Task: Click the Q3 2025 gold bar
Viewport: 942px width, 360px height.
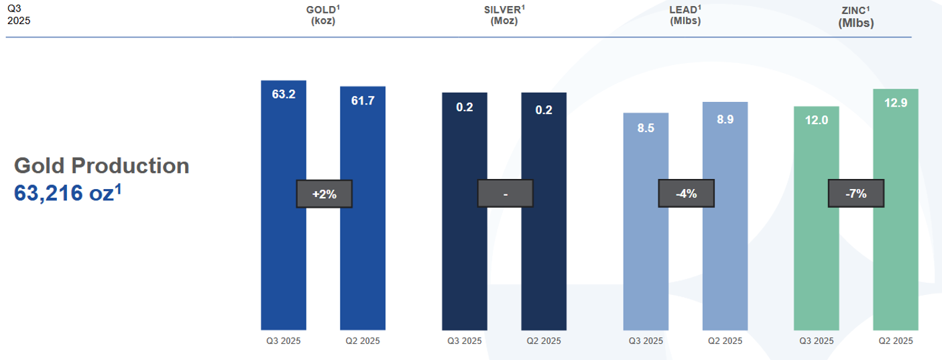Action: [x=283, y=255]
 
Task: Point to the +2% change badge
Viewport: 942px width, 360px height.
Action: [x=324, y=194]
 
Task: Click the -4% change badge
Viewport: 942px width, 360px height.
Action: [x=687, y=194]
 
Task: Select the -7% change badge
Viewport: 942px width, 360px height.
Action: [x=856, y=194]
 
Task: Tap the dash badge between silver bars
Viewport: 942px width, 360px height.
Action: [x=506, y=194]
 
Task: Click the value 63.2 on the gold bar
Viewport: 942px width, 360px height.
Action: [x=284, y=94]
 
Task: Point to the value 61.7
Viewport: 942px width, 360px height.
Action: [x=363, y=101]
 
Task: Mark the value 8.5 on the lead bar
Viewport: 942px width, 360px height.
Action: [x=646, y=128]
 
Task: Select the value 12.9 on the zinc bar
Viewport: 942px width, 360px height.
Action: [x=896, y=103]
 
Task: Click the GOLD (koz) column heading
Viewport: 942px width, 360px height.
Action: [x=323, y=15]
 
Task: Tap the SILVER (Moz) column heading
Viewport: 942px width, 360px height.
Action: [x=504, y=15]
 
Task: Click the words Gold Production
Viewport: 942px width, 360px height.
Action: [x=102, y=166]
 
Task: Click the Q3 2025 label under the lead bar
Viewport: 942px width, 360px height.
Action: [x=646, y=341]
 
